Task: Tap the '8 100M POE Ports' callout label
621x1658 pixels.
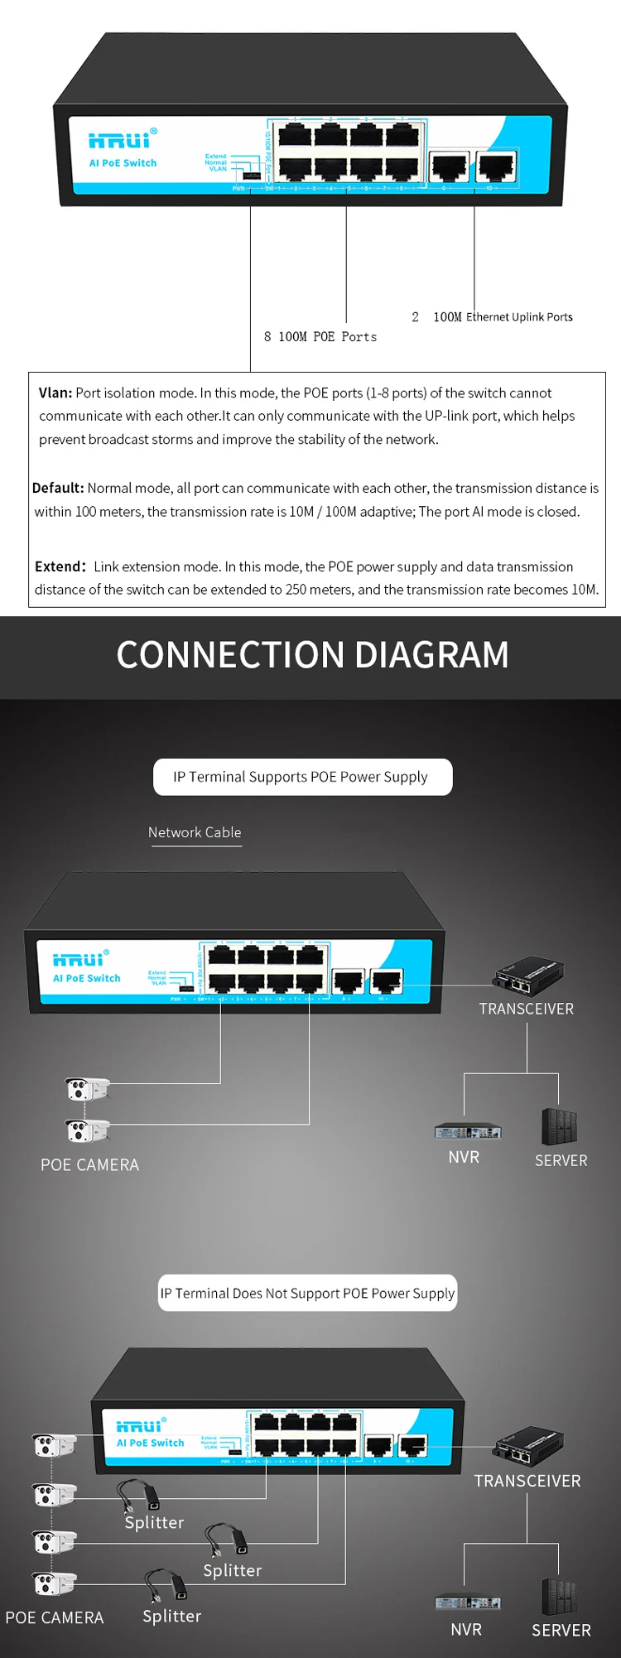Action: click(x=320, y=337)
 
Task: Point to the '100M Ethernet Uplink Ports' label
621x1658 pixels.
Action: click(x=503, y=317)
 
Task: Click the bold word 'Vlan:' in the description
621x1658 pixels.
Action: click(x=55, y=393)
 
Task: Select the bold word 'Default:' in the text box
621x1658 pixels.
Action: click(x=58, y=488)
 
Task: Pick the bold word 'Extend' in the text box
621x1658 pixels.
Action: click(x=58, y=566)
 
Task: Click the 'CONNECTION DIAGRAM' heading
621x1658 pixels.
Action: click(x=312, y=655)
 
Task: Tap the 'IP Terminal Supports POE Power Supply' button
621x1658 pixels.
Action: click(x=302, y=777)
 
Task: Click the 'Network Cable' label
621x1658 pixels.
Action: click(x=195, y=832)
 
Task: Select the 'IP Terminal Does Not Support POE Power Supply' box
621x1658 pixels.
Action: click(x=307, y=1293)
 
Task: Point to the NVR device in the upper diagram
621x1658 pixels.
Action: click(x=467, y=1130)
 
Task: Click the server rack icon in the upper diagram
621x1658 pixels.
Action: click(x=559, y=1126)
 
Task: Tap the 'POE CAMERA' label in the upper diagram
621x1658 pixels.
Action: click(x=89, y=1165)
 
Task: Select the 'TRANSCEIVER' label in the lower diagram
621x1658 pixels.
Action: click(x=527, y=1481)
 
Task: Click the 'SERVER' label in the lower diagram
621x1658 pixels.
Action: click(x=561, y=1630)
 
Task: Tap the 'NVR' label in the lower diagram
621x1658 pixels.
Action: click(x=466, y=1629)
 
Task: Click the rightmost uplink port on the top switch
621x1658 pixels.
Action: click(x=496, y=166)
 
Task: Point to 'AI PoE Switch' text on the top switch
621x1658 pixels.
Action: click(x=123, y=163)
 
